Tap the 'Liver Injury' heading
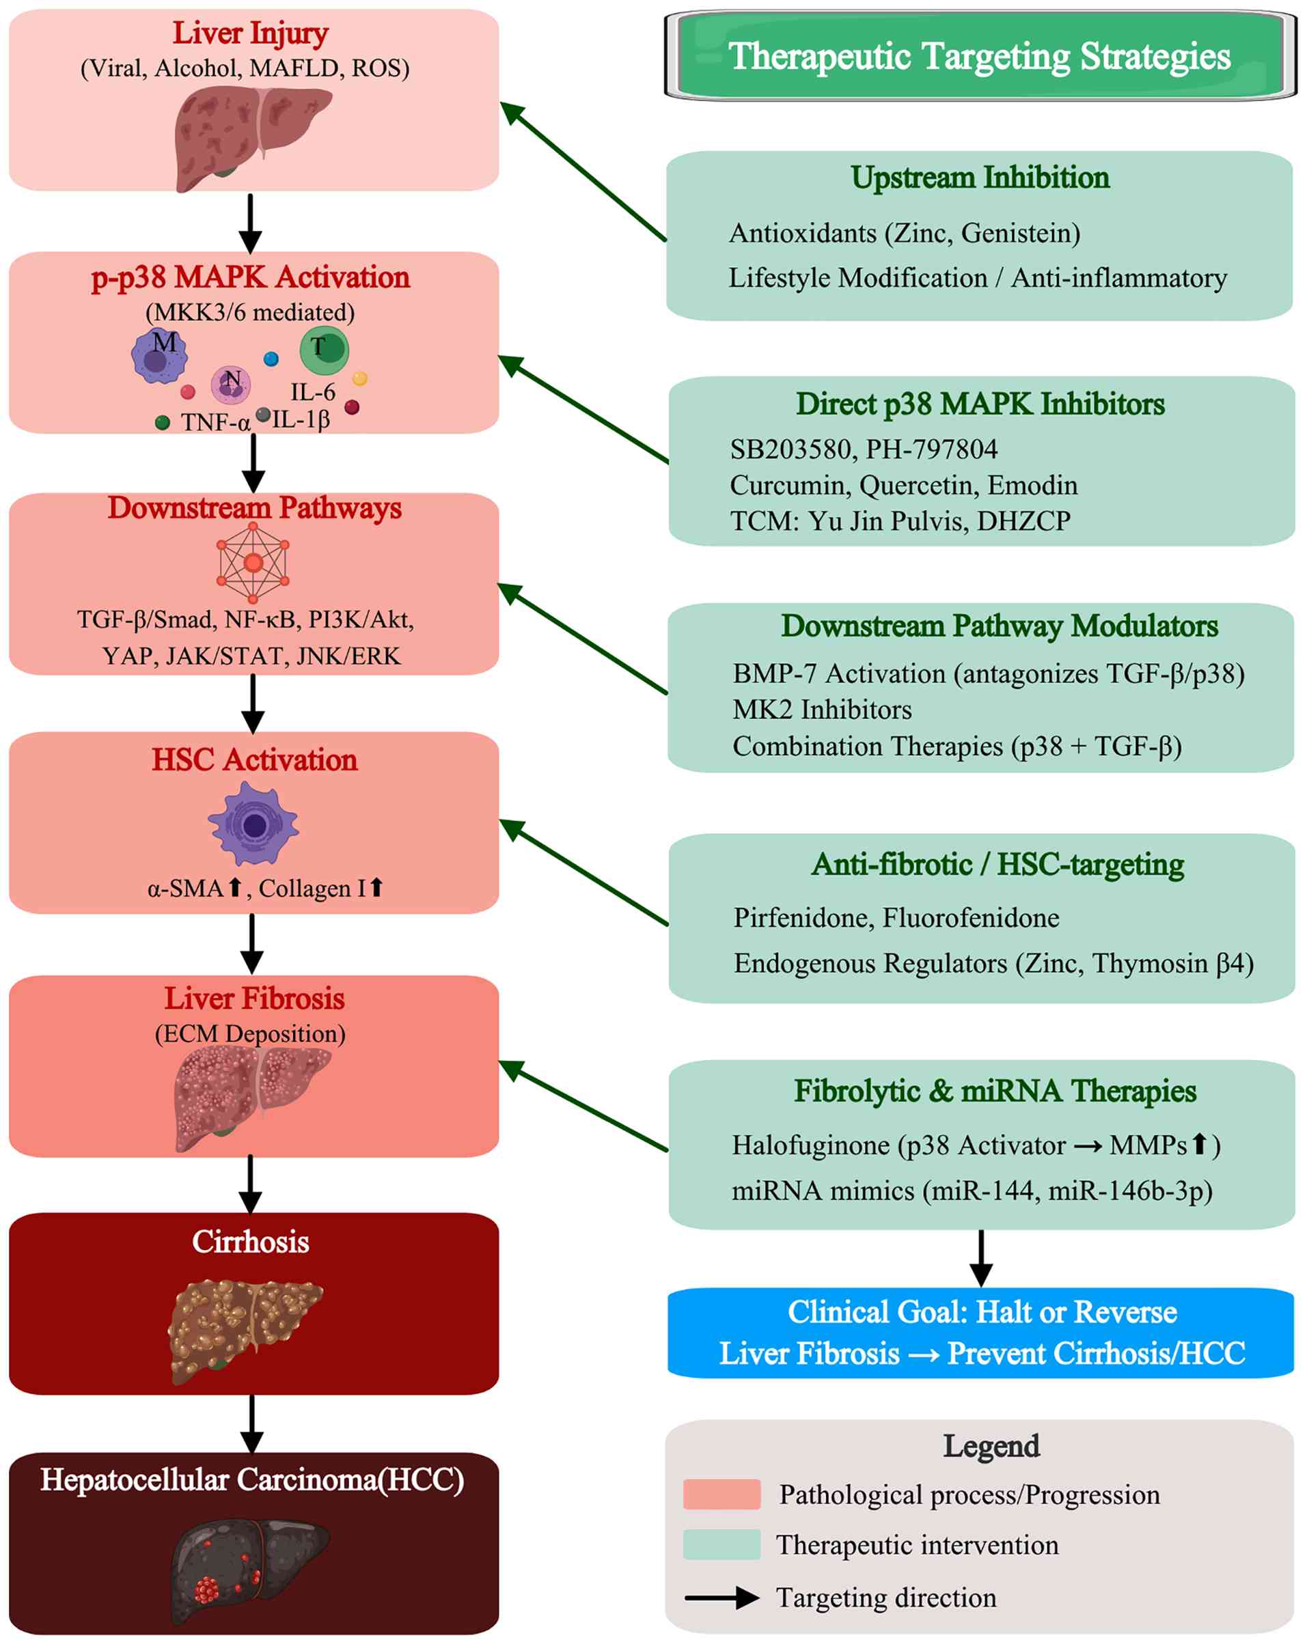tap(250, 33)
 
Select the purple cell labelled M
tap(159, 355)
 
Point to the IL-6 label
tap(313, 392)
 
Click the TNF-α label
tap(216, 421)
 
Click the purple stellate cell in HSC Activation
tap(253, 824)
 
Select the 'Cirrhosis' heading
tap(250, 1242)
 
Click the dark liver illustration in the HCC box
tap(249, 1568)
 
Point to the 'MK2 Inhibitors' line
tap(822, 710)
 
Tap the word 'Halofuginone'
tap(810, 1145)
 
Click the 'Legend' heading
tap(991, 1446)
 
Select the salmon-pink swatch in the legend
tap(721, 1494)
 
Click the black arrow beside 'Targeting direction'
tap(721, 1598)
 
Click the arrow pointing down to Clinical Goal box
tap(980, 1258)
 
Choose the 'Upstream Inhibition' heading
tap(980, 177)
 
